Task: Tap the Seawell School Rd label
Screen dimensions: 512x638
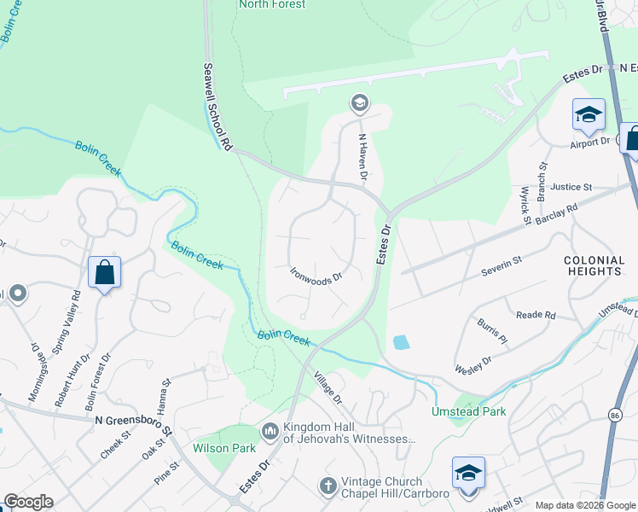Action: point(217,108)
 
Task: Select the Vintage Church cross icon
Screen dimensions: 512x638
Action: point(328,485)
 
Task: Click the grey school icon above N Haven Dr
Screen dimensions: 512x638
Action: point(359,104)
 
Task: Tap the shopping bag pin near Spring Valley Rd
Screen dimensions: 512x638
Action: point(104,273)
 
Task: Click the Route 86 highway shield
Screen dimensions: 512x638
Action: point(615,414)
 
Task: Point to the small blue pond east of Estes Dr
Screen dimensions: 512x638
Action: point(400,343)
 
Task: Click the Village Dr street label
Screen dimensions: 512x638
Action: point(326,387)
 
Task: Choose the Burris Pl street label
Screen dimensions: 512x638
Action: point(492,333)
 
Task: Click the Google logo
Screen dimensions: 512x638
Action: point(28,502)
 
